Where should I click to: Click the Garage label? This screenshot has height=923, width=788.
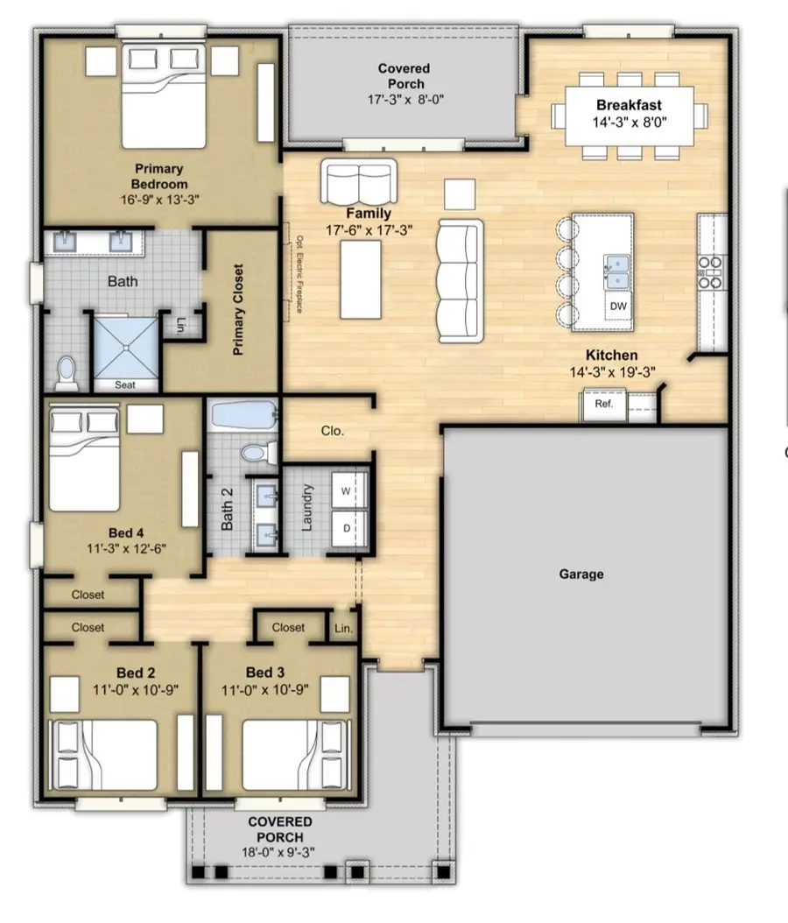point(580,574)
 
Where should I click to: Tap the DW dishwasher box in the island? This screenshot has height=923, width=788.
point(618,306)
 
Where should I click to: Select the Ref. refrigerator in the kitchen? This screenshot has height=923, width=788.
point(603,405)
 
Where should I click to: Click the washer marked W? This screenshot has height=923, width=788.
point(348,490)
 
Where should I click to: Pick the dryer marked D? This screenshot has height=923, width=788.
point(348,528)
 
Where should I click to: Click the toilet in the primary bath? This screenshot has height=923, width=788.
point(67,373)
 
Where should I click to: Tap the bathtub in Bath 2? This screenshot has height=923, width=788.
point(243,416)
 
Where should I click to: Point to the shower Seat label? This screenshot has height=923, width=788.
point(124,385)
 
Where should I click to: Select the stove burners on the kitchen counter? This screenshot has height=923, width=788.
point(710,272)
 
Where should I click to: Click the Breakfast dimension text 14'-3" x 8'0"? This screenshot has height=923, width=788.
point(630,123)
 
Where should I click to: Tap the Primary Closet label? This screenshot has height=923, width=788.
point(238,310)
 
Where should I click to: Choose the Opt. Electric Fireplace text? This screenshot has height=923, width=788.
point(299,274)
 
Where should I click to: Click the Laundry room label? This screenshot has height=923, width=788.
point(306,508)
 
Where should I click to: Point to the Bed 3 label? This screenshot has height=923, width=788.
point(264,673)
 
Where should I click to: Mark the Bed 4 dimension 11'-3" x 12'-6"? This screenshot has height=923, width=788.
point(127,548)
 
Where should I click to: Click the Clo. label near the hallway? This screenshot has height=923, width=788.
point(333,431)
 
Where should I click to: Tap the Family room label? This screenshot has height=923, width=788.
point(369,213)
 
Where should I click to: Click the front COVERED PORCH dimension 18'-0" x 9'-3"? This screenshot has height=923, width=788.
point(278,852)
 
